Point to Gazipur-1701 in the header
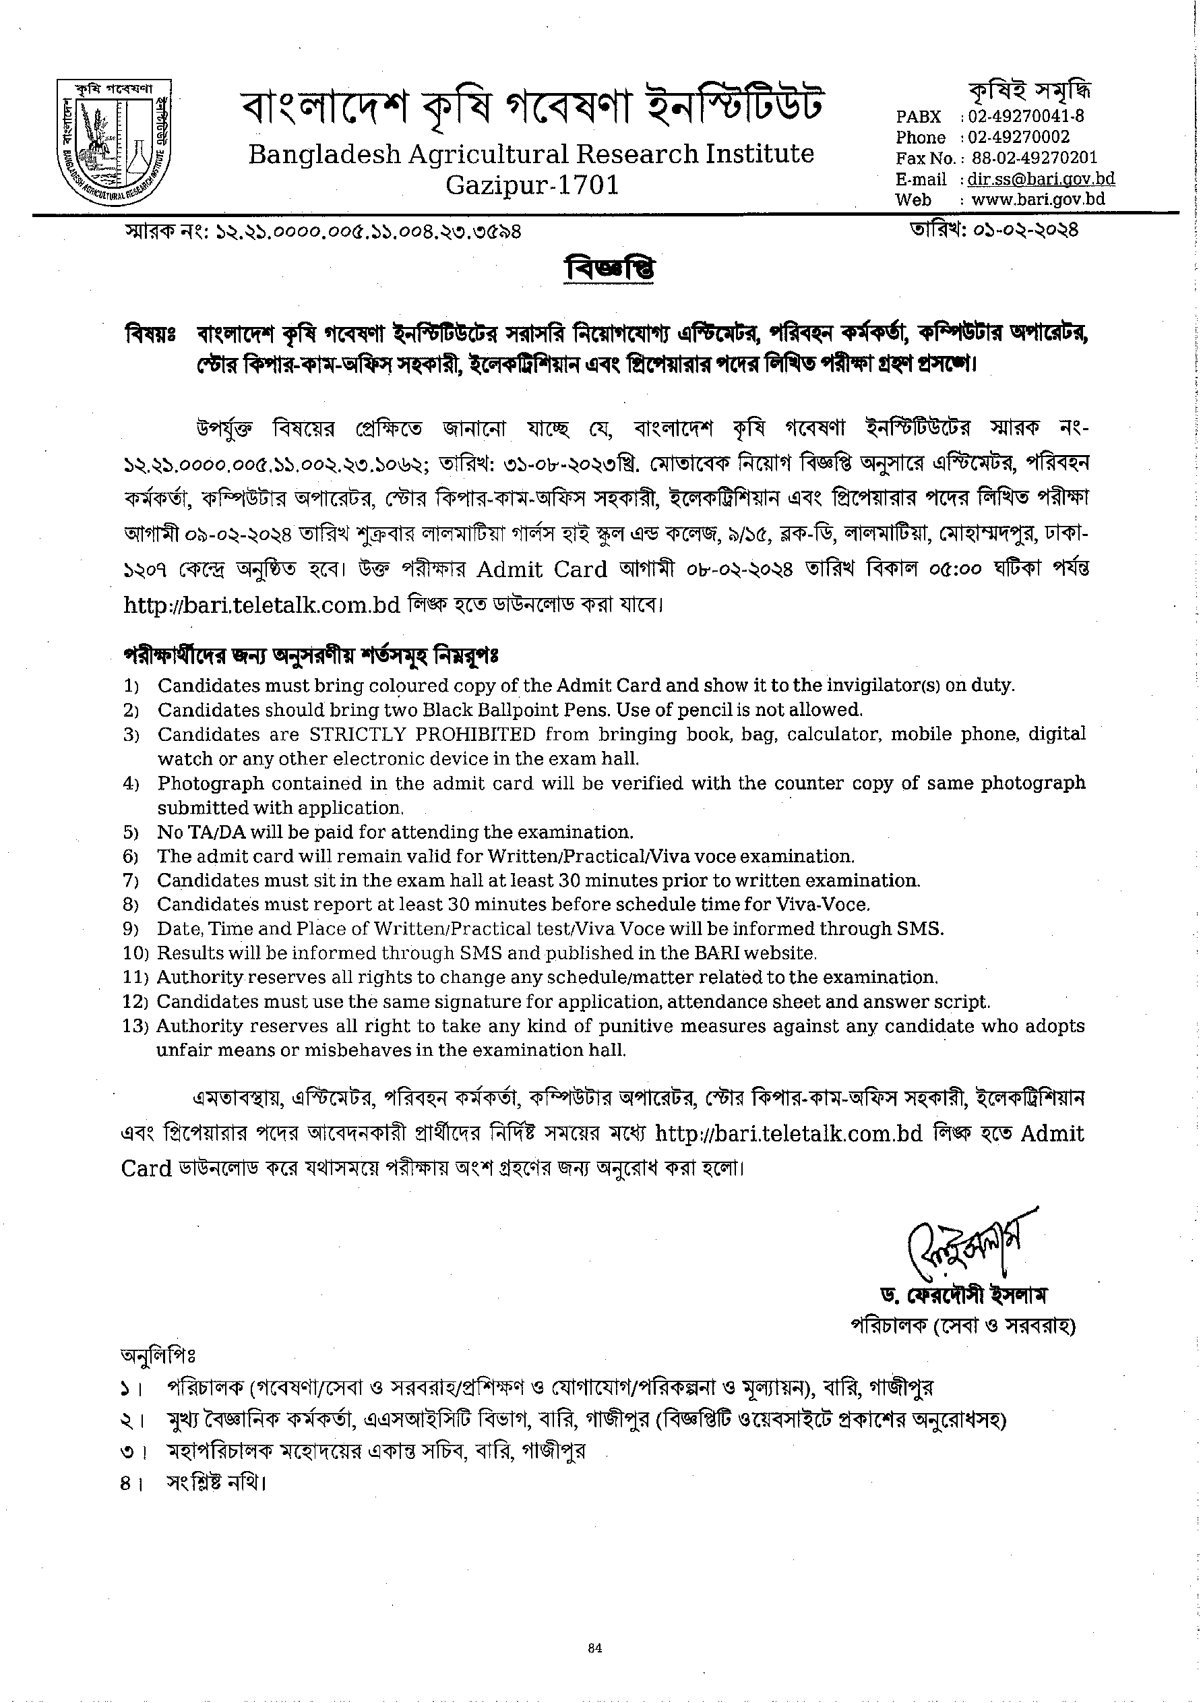[531, 185]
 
